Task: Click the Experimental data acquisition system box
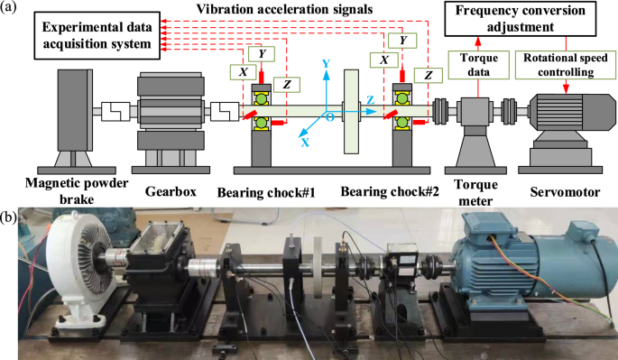click(x=97, y=35)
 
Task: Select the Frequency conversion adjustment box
click(x=521, y=19)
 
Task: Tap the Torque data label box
click(x=479, y=65)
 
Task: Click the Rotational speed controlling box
click(x=566, y=65)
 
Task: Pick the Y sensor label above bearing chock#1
click(x=262, y=54)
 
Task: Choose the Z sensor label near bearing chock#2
click(x=428, y=75)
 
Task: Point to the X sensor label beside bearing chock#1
click(x=244, y=72)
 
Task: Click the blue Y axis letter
click(x=326, y=63)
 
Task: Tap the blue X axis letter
click(x=305, y=143)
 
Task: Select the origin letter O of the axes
click(x=329, y=117)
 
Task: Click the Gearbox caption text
click(x=171, y=191)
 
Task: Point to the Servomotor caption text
click(x=565, y=192)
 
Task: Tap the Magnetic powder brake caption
click(x=77, y=191)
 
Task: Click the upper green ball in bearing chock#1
click(x=261, y=97)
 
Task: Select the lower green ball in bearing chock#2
click(x=402, y=123)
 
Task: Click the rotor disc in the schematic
click(x=351, y=112)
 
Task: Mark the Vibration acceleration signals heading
click(x=284, y=9)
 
